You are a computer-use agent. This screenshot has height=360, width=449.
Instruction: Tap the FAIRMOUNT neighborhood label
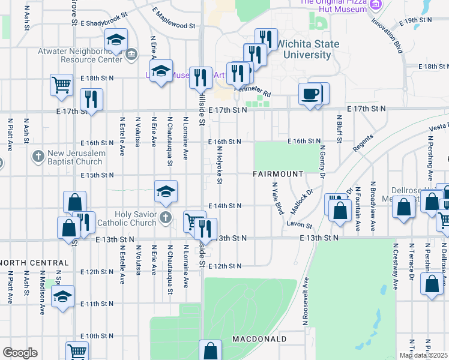point(277,173)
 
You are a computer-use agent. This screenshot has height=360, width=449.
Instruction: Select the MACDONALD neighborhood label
point(259,339)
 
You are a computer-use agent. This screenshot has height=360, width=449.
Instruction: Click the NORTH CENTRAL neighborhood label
point(34,263)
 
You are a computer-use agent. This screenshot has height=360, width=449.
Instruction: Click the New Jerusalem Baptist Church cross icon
point(37,157)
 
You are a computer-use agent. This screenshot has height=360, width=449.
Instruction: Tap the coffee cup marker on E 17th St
point(310,94)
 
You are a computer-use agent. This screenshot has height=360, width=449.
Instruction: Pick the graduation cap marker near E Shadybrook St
point(114,41)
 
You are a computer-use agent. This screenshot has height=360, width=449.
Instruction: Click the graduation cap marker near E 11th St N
point(62,297)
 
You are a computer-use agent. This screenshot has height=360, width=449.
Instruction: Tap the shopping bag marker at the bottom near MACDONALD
point(210,350)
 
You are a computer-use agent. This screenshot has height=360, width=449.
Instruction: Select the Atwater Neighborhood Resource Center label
point(80,55)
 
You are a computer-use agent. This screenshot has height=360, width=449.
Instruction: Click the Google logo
point(20,353)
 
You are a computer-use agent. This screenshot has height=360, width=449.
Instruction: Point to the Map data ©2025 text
point(423,355)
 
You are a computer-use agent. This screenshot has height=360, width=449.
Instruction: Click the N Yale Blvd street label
point(278,199)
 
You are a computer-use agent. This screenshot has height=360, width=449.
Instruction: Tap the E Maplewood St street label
point(173,19)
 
